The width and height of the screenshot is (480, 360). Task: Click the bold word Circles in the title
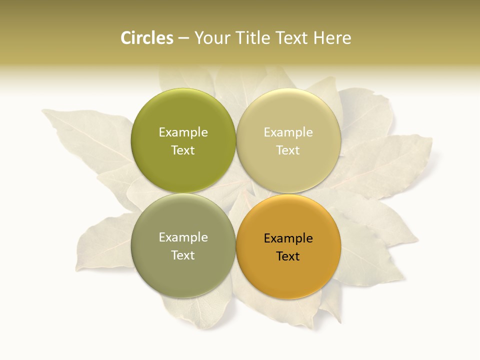(147, 38)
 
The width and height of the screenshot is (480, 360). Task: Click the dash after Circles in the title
(183, 38)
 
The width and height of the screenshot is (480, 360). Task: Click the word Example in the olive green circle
(183, 132)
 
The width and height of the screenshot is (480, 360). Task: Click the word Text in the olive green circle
(183, 150)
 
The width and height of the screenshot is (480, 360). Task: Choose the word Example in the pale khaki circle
(288, 132)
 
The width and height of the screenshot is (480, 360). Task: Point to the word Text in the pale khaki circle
(288, 150)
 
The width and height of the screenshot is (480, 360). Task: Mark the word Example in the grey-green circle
(183, 237)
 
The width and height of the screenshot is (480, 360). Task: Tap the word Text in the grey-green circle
(183, 255)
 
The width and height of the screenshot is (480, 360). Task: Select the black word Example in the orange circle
(288, 238)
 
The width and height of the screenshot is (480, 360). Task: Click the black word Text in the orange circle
(288, 256)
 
